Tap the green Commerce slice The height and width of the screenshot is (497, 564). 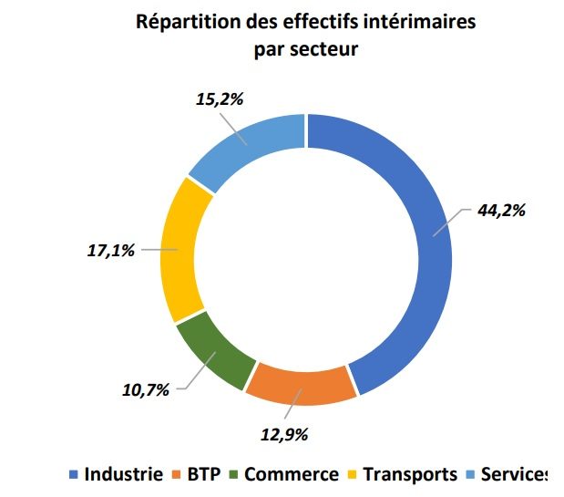pos(210,351)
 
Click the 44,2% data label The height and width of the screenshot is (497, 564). pos(501,210)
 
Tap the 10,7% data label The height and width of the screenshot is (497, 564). pos(146,390)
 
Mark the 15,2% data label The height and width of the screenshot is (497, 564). pos(219,99)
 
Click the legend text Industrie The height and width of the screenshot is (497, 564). pos(124,474)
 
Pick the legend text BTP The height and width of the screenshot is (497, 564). pos(203,474)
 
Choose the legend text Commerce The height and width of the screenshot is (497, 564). pos(291,474)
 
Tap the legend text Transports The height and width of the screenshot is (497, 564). pos(409,474)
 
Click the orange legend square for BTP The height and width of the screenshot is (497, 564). pos(177,475)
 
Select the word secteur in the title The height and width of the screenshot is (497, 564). pos(323,48)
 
